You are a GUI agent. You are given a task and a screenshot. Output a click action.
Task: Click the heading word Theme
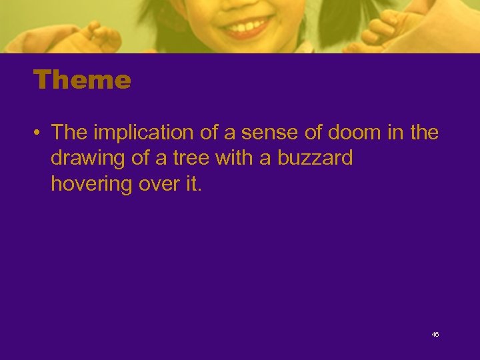(82, 81)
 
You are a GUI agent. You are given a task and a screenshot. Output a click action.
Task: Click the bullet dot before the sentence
(38, 133)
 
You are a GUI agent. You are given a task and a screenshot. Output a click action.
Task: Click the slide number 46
(435, 334)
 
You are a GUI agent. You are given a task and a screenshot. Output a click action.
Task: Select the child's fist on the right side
(383, 30)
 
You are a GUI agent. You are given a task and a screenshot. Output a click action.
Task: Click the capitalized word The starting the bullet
(70, 133)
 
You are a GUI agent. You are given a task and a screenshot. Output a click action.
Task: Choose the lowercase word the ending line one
(424, 133)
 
